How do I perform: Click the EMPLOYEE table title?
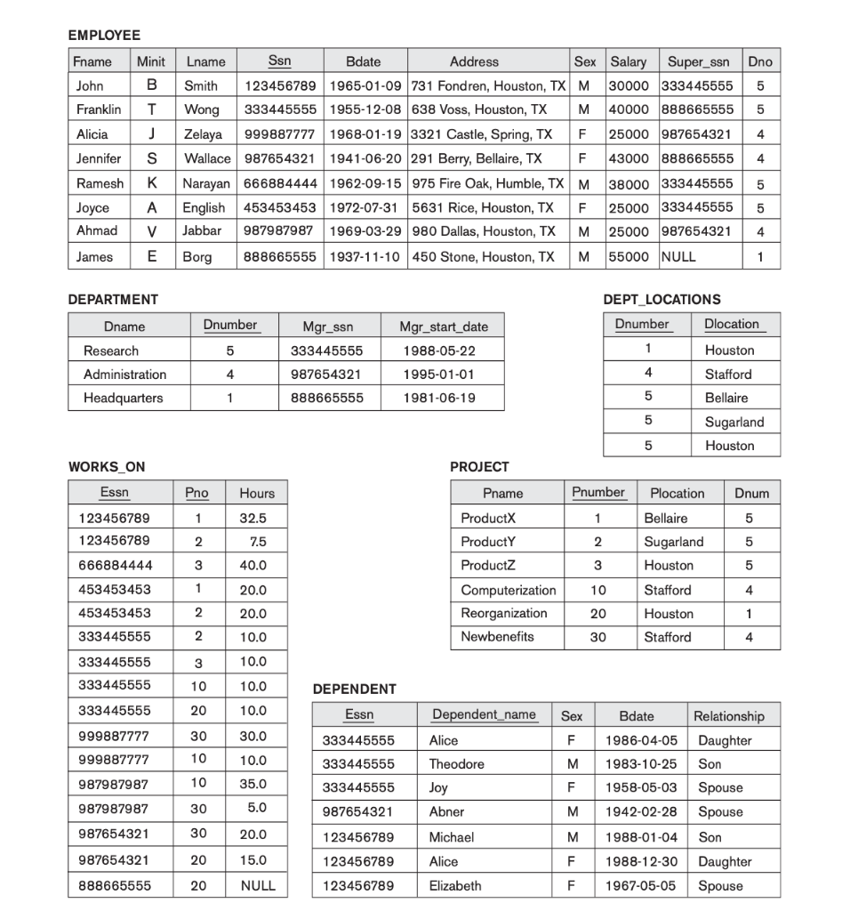(104, 36)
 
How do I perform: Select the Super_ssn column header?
(698, 61)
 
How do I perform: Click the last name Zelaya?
(204, 134)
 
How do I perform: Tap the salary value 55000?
(628, 256)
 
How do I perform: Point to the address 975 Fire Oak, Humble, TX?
(488, 183)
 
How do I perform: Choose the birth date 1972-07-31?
(363, 207)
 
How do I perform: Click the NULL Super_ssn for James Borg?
(679, 256)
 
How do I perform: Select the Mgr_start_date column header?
(444, 327)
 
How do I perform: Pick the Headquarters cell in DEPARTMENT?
(124, 398)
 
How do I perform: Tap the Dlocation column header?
(731, 324)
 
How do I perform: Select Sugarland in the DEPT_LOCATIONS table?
(734, 422)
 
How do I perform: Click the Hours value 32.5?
(253, 518)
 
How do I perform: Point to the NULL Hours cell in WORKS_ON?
(258, 885)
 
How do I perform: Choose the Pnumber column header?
(598, 492)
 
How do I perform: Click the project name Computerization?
(508, 590)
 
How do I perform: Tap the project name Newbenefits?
(497, 637)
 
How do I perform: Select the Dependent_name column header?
(484, 714)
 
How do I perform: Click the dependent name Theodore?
(457, 764)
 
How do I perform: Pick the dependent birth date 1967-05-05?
(641, 885)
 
